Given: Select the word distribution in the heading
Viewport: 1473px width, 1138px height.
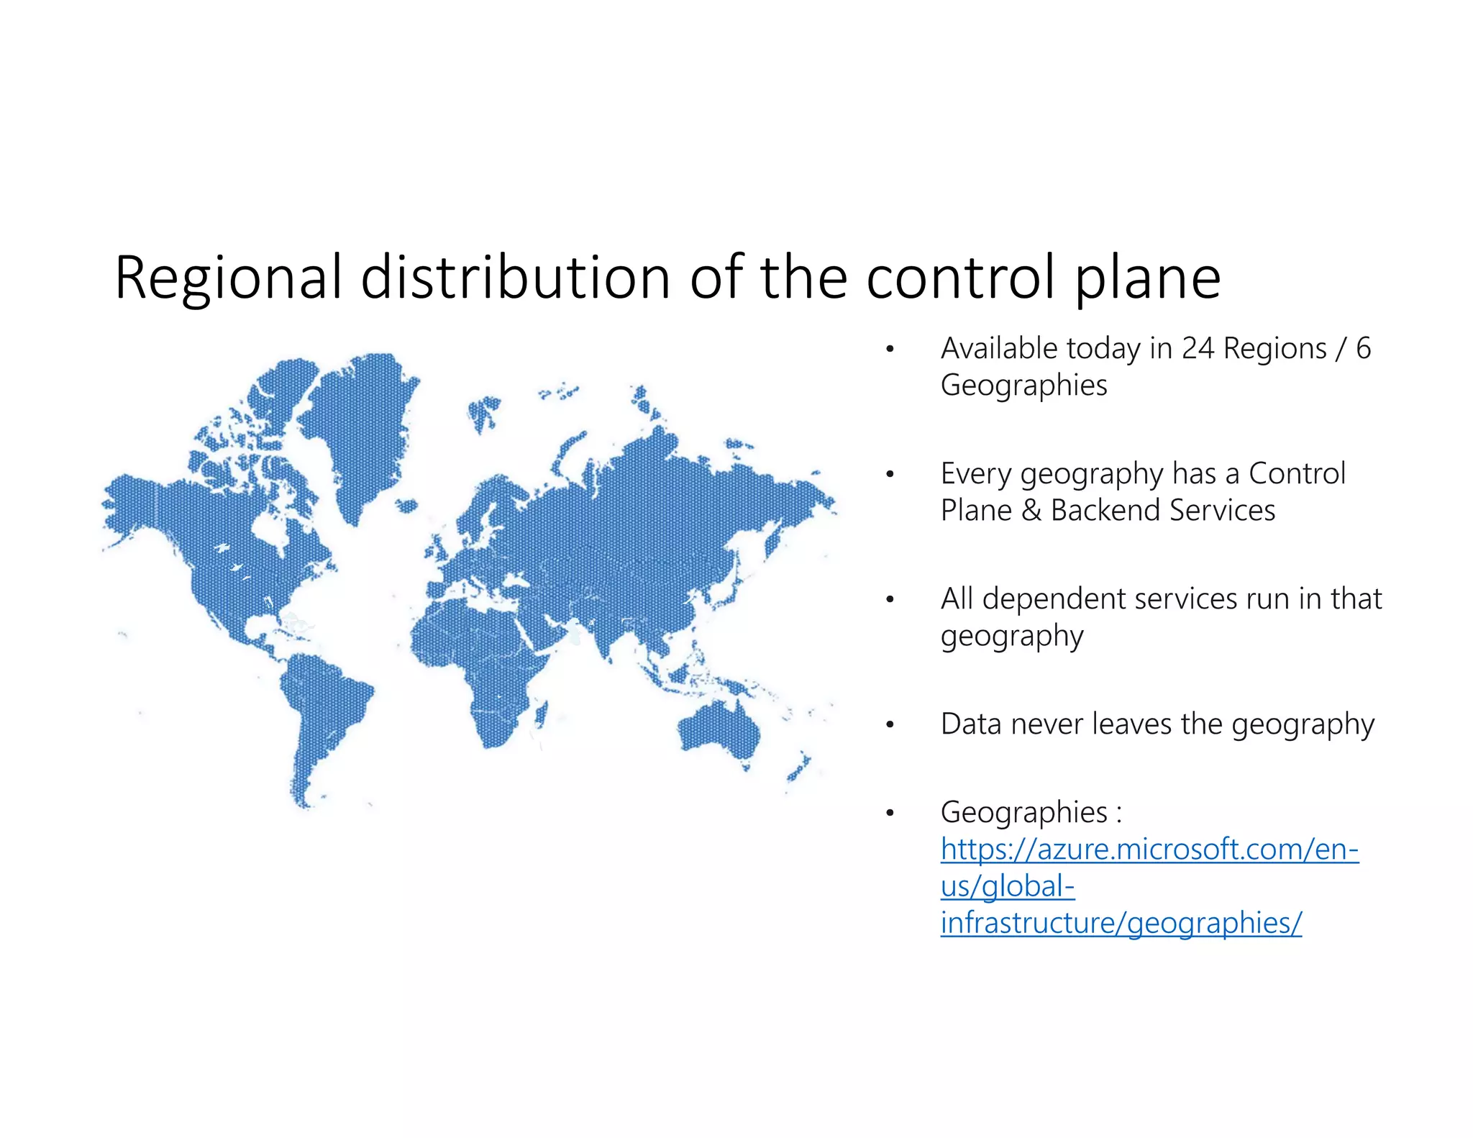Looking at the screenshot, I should click(516, 278).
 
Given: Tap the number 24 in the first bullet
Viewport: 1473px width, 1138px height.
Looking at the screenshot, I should click(1198, 349).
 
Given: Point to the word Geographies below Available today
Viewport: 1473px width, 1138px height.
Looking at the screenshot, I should click(1023, 386).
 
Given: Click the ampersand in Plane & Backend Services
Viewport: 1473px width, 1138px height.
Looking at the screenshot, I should click(1031, 511).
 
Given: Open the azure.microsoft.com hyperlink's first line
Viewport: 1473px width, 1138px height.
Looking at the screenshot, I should click(1149, 850).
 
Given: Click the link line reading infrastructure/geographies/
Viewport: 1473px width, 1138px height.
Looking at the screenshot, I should click(1121, 924).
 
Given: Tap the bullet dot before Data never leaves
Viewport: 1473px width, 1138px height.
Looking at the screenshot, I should click(890, 725).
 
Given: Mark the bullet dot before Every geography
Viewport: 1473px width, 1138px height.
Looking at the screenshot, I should click(890, 475).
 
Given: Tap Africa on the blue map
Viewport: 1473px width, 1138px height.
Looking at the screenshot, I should click(482, 662).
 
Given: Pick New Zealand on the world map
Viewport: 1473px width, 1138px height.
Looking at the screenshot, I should click(798, 768).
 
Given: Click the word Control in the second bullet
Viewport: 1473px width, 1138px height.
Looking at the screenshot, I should click(1297, 474).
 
